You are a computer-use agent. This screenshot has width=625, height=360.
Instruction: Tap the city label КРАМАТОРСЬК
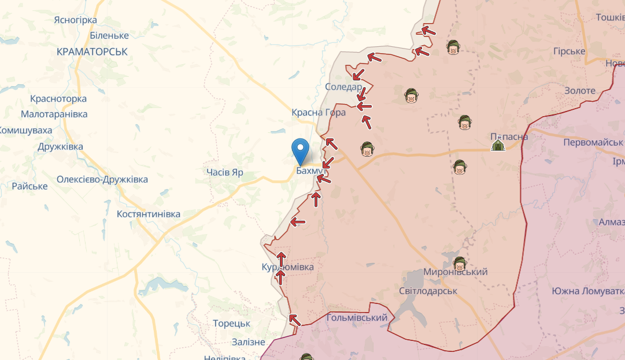coord(93,52)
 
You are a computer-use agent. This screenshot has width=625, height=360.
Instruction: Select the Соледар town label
coord(343,87)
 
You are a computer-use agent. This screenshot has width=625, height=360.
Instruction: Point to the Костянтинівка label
coord(149,214)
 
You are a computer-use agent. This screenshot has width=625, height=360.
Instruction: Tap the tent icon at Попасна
coord(497,144)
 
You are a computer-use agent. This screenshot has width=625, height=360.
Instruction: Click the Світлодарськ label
coord(428,291)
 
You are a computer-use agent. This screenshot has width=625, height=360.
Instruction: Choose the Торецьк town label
coord(231,324)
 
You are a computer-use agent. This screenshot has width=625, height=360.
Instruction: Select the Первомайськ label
coord(593,142)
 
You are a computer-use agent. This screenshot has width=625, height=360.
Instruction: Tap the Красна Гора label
coord(319,113)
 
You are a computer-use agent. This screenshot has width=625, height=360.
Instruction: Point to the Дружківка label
coord(60,147)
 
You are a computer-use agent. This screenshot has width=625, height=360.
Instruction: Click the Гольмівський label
coord(357,318)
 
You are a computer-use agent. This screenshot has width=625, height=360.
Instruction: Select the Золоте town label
coord(580,91)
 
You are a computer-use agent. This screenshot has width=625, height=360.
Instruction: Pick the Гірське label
coord(569,51)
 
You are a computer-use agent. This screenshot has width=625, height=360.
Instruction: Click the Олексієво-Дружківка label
coord(102,180)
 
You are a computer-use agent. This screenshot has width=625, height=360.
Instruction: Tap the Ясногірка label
coord(75,20)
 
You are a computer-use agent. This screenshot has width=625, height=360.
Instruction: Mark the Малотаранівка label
coord(54,114)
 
